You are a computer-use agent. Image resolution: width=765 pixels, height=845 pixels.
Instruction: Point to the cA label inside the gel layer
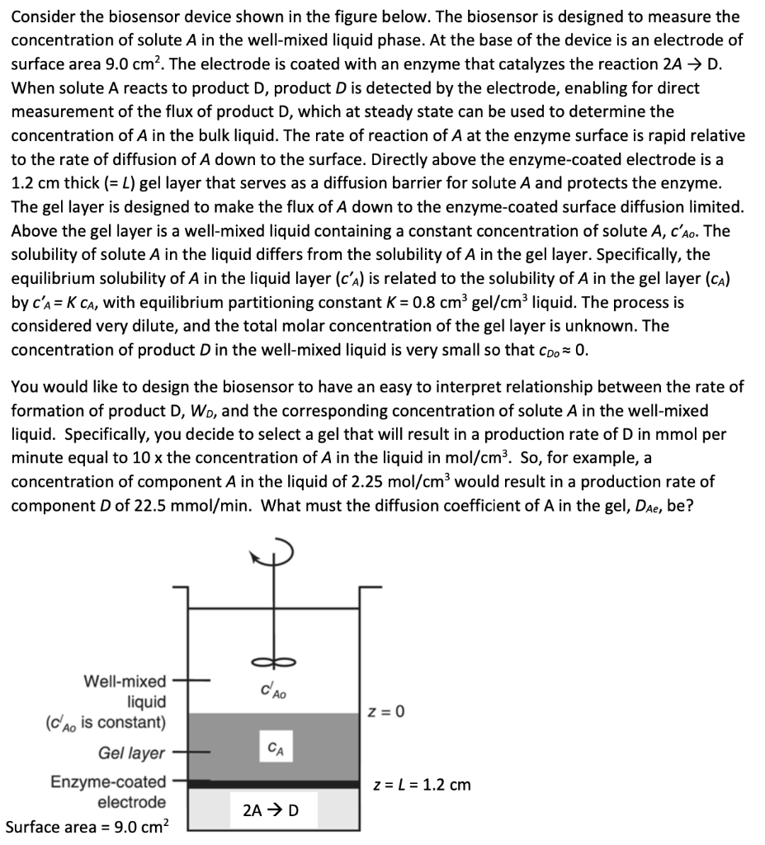pyautogui.click(x=273, y=749)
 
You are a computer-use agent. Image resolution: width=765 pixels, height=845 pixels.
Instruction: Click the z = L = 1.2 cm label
pyautogui.click(x=422, y=784)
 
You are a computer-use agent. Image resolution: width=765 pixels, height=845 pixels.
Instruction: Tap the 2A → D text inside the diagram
pyautogui.click(x=272, y=810)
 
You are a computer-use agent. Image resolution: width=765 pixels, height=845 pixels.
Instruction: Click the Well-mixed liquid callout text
pyautogui.click(x=124, y=692)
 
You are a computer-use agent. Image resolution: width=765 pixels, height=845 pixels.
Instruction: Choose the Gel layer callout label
pyautogui.click(x=131, y=753)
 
